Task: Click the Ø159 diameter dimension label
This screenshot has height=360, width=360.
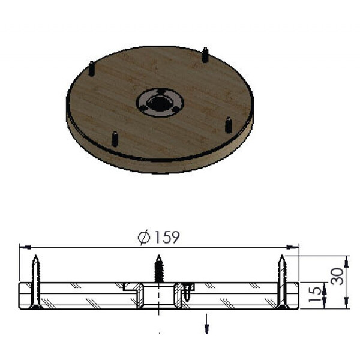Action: (158, 238)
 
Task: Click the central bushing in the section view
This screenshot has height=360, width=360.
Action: (159, 296)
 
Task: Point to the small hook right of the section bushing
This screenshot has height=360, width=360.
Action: (190, 290)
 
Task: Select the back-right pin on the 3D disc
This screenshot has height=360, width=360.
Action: (205, 54)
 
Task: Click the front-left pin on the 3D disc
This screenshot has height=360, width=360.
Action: (113, 138)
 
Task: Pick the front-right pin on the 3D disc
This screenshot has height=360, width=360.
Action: (229, 124)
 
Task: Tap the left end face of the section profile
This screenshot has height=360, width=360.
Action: (23, 296)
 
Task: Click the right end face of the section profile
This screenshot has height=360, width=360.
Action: (295, 296)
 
